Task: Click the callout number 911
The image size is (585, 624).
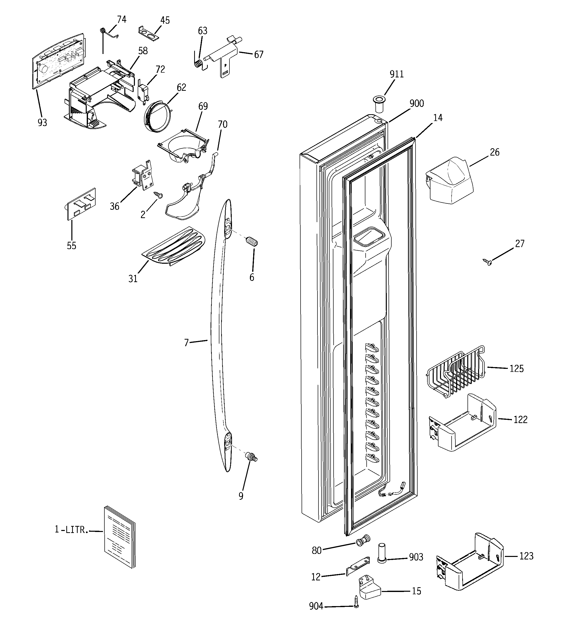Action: pos(396,74)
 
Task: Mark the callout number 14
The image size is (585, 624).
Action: pos(437,118)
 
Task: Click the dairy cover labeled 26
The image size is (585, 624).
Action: pos(449,182)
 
